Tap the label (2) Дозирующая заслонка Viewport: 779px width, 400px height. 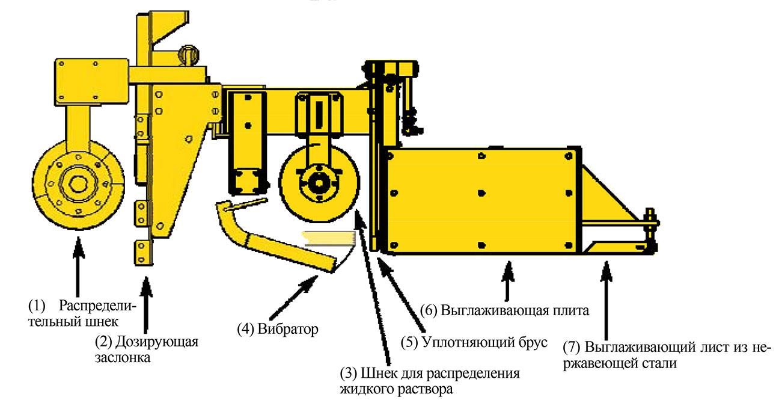point(146,349)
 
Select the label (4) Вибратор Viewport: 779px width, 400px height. point(277,329)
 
